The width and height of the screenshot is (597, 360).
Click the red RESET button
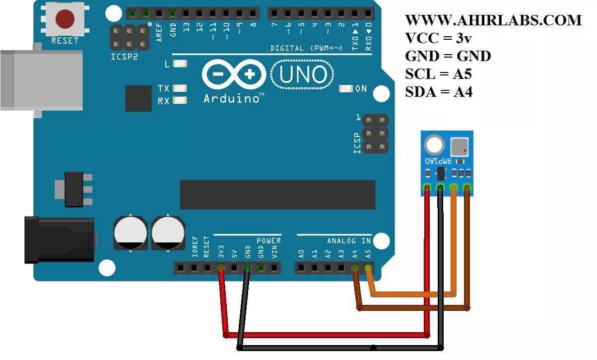pos(65,19)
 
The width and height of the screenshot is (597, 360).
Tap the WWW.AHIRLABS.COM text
pos(493,20)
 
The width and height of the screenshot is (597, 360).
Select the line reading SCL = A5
pos(438,74)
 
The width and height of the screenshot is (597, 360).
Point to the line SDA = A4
pos(439,92)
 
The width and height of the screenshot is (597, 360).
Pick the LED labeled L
pos(180,64)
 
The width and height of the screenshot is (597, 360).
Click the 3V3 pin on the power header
pos(221,269)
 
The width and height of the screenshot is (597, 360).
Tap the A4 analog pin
pos(354,269)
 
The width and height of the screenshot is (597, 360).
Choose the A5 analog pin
pos(368,269)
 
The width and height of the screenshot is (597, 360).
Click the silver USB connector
pos(41,80)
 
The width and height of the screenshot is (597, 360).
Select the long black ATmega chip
pos(277,195)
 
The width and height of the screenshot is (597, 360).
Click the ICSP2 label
pos(124,57)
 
